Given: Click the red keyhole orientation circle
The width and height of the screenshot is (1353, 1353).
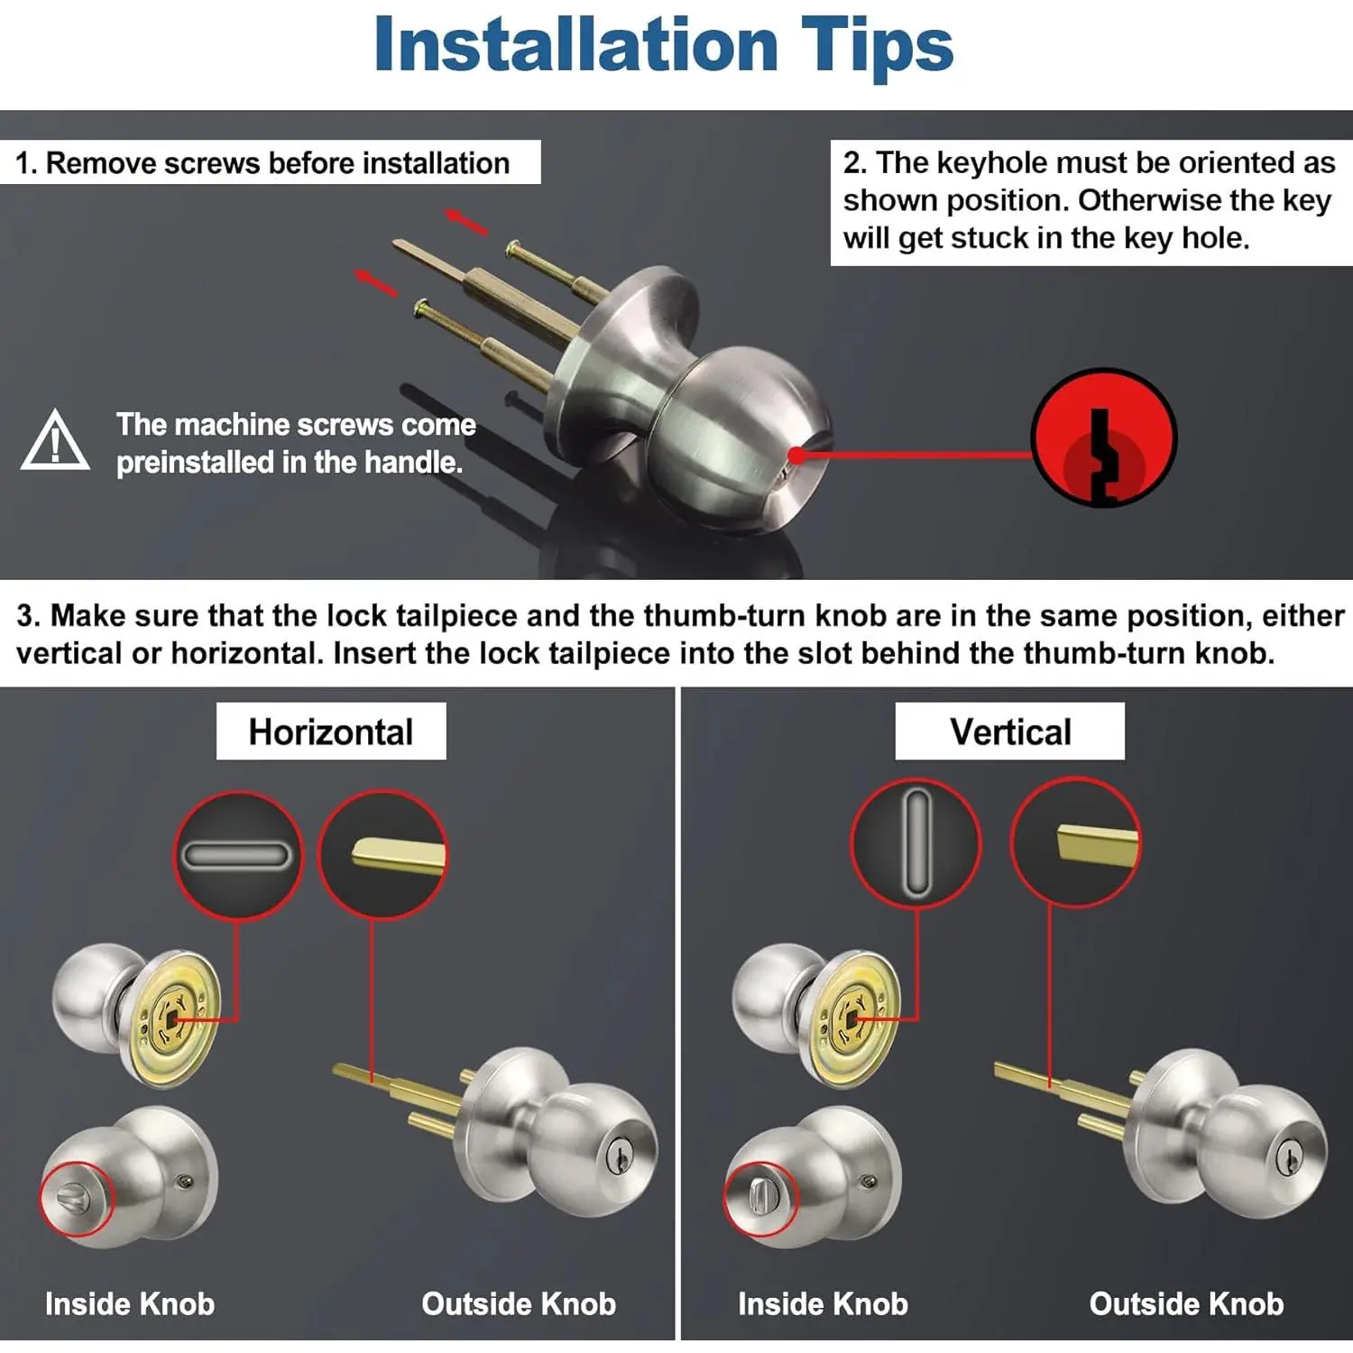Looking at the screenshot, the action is pyautogui.click(x=1103, y=438).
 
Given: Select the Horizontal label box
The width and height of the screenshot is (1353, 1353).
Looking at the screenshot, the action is pyautogui.click(x=331, y=732).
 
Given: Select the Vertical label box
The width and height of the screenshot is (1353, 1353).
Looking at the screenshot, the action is pyautogui.click(x=1010, y=732).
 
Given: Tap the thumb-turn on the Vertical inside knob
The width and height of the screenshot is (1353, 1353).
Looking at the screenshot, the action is pyautogui.click(x=758, y=1197).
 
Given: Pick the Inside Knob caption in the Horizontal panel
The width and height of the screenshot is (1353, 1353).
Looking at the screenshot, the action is pyautogui.click(x=130, y=1303).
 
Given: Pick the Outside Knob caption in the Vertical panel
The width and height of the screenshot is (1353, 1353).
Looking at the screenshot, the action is pyautogui.click(x=1186, y=1303).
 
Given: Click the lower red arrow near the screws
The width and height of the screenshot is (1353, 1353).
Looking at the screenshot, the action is pyautogui.click(x=376, y=282).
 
